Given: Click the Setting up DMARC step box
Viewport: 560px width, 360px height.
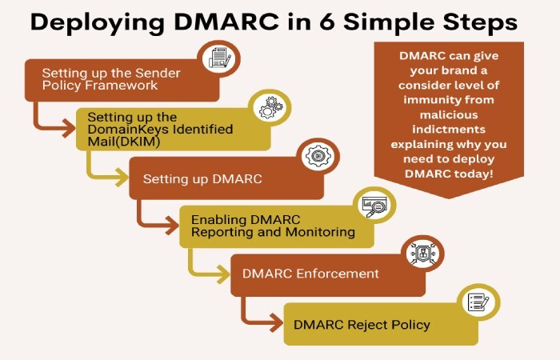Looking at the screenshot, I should (216, 178).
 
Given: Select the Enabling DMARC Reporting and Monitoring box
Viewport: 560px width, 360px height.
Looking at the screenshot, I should (264, 226).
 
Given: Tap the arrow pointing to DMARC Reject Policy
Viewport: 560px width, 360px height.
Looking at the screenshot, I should (257, 317).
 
